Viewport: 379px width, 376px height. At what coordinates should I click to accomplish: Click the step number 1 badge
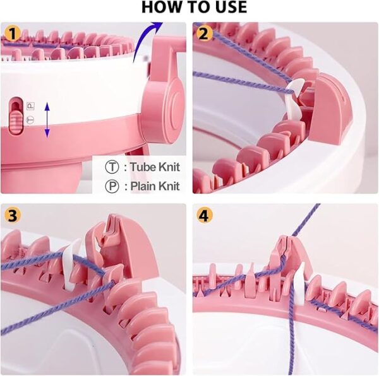(12, 33)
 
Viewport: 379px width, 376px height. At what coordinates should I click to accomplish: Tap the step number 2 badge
(204, 33)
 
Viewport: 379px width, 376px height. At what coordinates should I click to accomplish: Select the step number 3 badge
(13, 215)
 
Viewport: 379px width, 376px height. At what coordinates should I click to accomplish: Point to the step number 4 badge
(205, 215)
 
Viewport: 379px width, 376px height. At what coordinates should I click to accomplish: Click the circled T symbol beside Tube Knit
(112, 167)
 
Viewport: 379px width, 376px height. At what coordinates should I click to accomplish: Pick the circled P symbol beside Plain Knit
(112, 186)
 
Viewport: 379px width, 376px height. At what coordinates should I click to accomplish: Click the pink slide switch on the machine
(16, 115)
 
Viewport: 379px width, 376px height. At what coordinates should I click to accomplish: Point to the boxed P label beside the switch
(30, 106)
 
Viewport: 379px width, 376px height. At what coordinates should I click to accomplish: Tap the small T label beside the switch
(30, 120)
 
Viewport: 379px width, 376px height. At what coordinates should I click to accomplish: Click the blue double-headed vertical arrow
(47, 120)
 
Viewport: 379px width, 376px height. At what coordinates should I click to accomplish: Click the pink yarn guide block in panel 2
(328, 110)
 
